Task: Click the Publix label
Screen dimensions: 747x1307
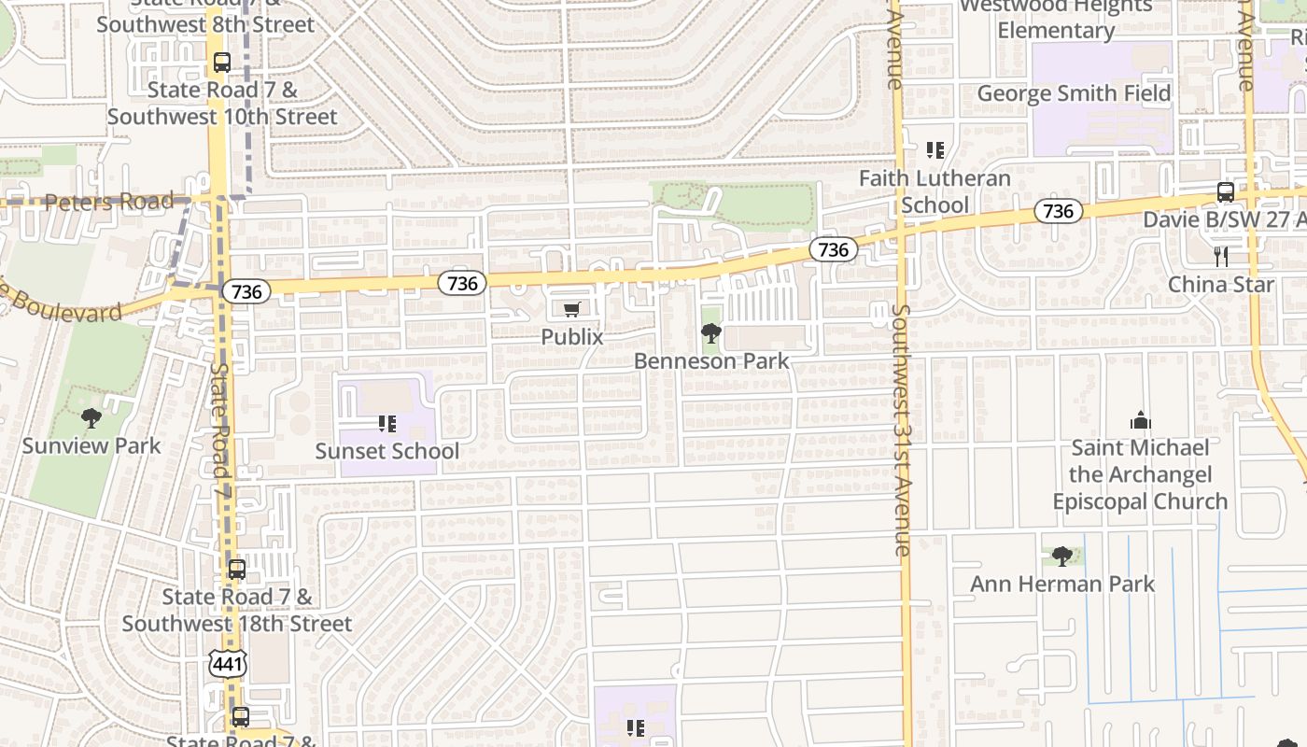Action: pos(572,336)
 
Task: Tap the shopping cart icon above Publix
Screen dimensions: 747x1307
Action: pos(572,309)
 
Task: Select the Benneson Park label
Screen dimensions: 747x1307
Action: pos(711,360)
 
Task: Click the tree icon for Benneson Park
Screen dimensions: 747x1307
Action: pos(711,332)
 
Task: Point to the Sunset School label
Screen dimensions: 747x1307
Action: pos(386,451)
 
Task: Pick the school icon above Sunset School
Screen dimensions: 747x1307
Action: pos(387,424)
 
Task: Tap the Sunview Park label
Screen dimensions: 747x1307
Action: pos(91,445)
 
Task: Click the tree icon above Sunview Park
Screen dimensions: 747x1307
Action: pos(91,417)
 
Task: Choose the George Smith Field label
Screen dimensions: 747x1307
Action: pos(1074,93)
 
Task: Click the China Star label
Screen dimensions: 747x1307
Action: pos(1221,284)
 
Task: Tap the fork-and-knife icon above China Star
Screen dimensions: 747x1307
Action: pos(1221,256)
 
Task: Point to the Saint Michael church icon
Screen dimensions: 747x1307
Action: pos(1140,420)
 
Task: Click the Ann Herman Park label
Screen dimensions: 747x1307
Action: pos(1062,585)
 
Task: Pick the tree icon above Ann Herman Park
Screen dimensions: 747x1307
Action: pos(1061,557)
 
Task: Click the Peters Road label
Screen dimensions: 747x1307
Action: pos(109,202)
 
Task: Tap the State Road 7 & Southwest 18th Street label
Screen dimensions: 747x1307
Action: pos(237,610)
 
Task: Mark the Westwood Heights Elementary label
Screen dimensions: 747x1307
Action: pos(1056,18)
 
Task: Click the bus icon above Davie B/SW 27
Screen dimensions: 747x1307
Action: pos(1226,192)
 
